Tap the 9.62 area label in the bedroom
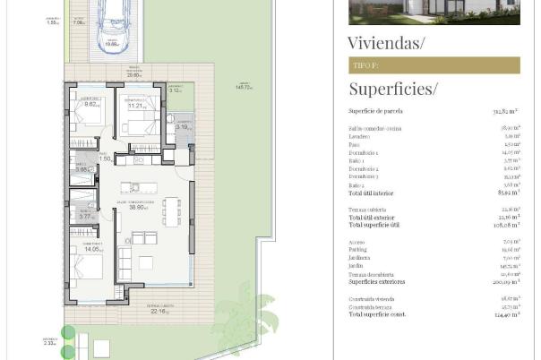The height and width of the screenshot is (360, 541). click(90, 105)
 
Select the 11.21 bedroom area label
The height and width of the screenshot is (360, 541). click(136, 106)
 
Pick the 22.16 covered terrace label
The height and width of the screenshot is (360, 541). click(159, 312)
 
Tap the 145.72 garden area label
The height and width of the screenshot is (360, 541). click(244, 88)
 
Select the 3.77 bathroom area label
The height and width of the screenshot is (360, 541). click(86, 216)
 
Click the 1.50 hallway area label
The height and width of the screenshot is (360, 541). click(104, 159)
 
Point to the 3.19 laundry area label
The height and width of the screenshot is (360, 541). click(182, 127)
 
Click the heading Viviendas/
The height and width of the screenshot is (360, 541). click(386, 42)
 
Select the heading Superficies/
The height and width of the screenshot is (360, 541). click(392, 88)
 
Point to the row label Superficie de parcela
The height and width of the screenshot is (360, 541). click(375, 111)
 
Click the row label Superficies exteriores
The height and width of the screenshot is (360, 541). click(375, 281)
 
